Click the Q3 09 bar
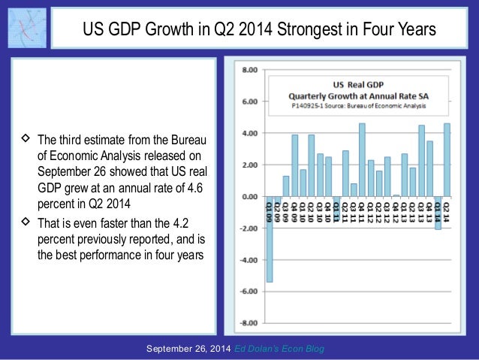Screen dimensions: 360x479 [286, 186]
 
